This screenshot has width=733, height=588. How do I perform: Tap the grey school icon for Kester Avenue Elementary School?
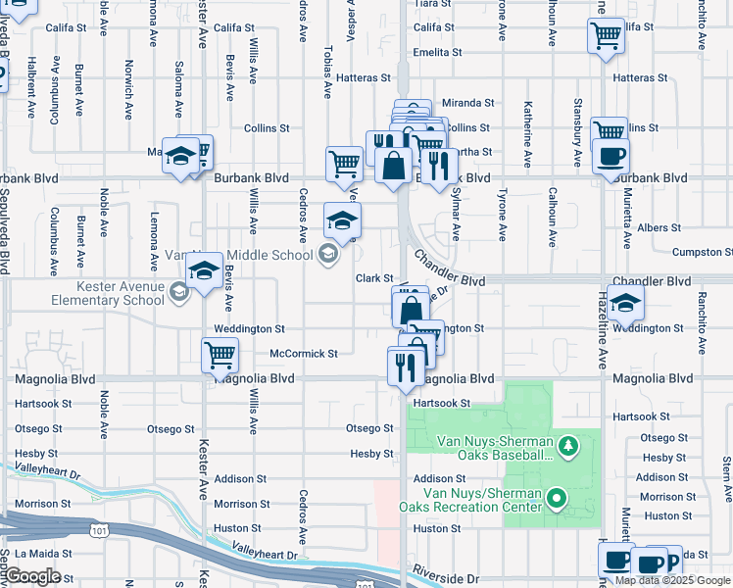178,291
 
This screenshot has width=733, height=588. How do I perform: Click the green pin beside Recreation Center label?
558,500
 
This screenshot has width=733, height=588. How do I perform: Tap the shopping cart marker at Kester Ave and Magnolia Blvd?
220,355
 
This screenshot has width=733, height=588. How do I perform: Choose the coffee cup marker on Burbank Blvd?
611,156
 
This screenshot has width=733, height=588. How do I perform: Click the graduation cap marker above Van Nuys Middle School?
342,220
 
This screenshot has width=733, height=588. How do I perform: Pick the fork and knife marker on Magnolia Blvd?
405,368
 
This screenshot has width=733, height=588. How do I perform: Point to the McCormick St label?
303,353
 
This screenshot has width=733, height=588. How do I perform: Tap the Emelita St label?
437,52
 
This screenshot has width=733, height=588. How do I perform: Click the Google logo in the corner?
32,576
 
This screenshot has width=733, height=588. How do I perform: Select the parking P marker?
669,562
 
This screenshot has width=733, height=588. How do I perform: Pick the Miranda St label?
467,102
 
